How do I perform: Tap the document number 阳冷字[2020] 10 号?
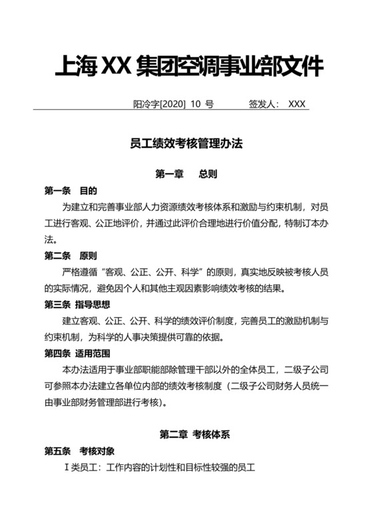click(173, 104)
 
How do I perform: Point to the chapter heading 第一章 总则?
click(186, 174)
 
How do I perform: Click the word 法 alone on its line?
click(49, 240)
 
